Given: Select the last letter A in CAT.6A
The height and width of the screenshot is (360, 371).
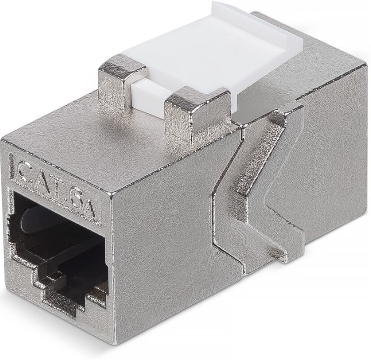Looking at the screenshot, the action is pyautogui.click(x=88, y=208).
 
